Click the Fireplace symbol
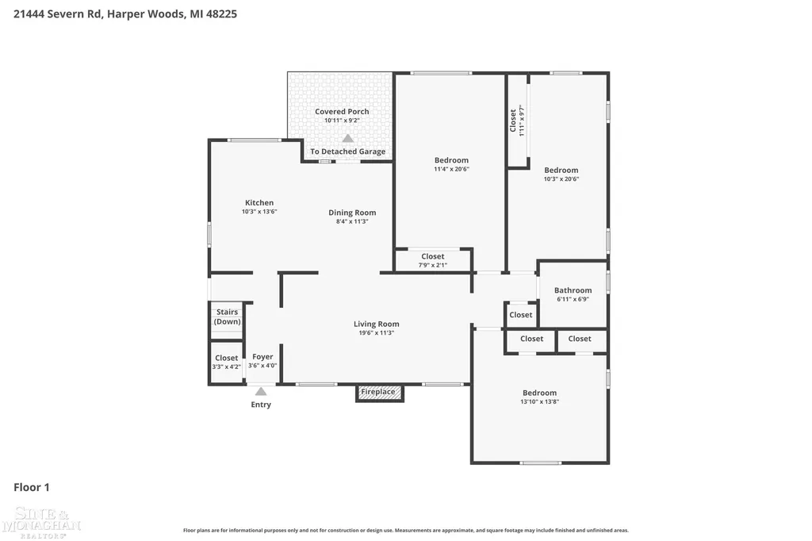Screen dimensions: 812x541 (x=380, y=393)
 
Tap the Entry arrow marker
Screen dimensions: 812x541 (x=261, y=392)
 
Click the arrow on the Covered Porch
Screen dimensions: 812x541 (x=348, y=138)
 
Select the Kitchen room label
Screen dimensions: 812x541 (x=259, y=202)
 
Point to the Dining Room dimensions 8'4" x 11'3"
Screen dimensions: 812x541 (x=352, y=221)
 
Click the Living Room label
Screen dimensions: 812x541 (x=377, y=324)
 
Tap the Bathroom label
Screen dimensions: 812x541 (x=573, y=290)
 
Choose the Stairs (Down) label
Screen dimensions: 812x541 (x=228, y=317)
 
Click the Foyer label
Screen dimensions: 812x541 (x=262, y=356)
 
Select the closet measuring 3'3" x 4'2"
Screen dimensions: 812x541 (x=226, y=362)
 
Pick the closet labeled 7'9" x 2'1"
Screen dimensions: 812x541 (x=433, y=260)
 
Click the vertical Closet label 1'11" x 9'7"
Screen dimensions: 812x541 (x=517, y=121)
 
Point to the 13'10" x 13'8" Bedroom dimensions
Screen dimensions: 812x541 (x=539, y=401)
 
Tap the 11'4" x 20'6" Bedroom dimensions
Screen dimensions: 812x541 (x=451, y=169)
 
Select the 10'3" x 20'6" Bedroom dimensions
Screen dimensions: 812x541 (x=561, y=178)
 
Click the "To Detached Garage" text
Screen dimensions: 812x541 (x=348, y=152)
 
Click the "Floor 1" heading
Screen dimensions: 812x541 (x=32, y=487)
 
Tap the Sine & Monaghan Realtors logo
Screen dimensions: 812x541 (x=41, y=522)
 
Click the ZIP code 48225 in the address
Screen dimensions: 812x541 (x=222, y=14)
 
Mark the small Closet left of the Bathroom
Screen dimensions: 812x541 (x=521, y=315)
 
